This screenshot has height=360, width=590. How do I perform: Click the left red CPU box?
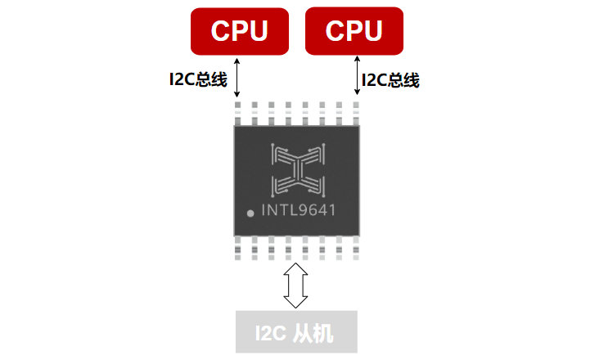[239, 30]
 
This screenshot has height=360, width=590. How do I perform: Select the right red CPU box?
[354, 30]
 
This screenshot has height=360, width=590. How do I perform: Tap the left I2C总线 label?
[198, 80]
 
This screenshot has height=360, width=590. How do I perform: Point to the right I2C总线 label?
[390, 80]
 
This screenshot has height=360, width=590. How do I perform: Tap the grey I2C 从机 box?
[296, 332]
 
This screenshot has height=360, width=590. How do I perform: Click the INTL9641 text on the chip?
[299, 210]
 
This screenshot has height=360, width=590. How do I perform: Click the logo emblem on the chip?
[297, 169]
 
